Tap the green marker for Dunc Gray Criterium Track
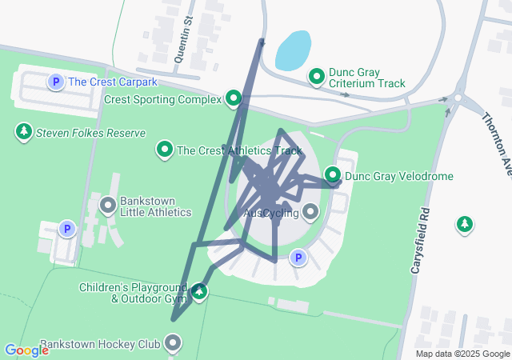317,77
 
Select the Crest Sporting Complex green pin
234,99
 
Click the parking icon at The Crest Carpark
56,82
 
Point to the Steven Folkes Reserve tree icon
24,133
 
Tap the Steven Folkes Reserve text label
91,134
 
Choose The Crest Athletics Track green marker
165,150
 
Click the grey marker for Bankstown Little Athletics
108,206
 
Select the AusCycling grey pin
310,212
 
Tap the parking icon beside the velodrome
298,258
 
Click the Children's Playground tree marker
199,293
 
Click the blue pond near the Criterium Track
293,50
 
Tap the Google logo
26,350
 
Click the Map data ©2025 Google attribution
462,354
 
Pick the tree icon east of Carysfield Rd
464,226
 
